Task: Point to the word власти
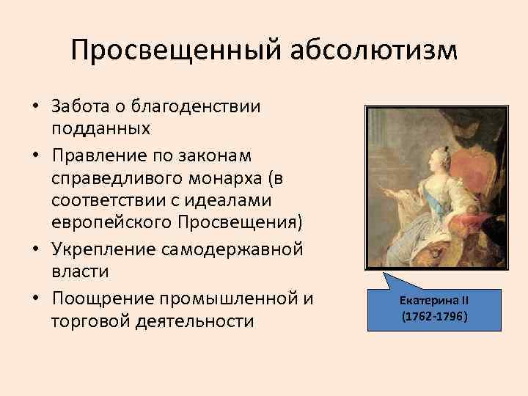80,271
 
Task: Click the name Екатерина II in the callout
434,300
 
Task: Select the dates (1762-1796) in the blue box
434,317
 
